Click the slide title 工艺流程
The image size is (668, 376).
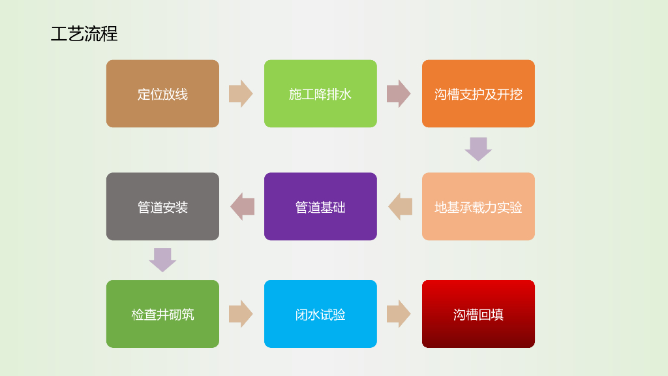tap(84, 34)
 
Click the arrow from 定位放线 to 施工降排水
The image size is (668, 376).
tap(241, 94)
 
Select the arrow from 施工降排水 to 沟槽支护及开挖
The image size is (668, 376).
tap(399, 94)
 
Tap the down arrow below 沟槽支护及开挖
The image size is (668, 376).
tap(478, 149)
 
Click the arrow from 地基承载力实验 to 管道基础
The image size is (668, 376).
tap(400, 207)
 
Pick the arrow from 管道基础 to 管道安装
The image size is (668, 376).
tap(242, 207)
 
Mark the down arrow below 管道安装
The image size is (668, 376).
tap(162, 260)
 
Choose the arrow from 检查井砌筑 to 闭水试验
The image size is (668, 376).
tap(241, 314)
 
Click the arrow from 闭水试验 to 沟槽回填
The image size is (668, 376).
tap(399, 314)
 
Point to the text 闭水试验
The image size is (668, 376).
tap(320, 315)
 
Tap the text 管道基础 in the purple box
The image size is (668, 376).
tap(320, 208)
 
